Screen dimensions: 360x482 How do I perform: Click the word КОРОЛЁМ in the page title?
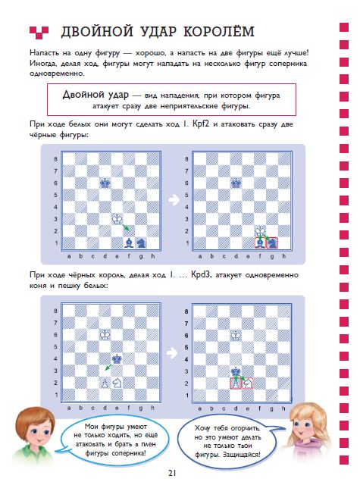pyautogui.click(x=219, y=32)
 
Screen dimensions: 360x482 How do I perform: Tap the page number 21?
pyautogui.click(x=172, y=473)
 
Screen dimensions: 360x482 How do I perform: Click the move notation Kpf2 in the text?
pyautogui.click(x=201, y=124)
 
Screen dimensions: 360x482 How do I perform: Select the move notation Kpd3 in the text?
pyautogui.click(x=201, y=274)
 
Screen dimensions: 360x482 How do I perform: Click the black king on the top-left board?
pyautogui.click(x=105, y=183)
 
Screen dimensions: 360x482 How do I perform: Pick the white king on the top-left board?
pyautogui.click(x=117, y=219)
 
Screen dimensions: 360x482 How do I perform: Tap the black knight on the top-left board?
pyautogui.click(x=141, y=243)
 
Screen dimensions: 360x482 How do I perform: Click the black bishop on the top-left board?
pyautogui.click(x=129, y=243)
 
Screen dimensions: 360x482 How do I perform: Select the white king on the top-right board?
pyautogui.click(x=260, y=230)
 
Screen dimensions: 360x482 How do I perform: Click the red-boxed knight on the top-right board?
pyautogui.click(x=272, y=243)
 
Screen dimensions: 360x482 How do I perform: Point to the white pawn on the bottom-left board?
pyautogui.click(x=105, y=383)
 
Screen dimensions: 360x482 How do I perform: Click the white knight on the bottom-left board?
pyautogui.click(x=117, y=383)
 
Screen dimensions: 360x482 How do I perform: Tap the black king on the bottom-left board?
pyautogui.click(x=117, y=358)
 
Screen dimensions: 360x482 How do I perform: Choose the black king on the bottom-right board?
pyautogui.click(x=236, y=371)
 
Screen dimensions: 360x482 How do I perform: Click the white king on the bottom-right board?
pyautogui.click(x=236, y=335)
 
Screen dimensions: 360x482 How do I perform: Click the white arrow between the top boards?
pyautogui.click(x=174, y=200)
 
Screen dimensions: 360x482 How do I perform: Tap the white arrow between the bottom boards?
pyautogui.click(x=172, y=353)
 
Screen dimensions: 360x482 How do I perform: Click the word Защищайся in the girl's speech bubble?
pyautogui.click(x=241, y=454)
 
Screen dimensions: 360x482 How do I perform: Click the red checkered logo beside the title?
pyautogui.click(x=39, y=33)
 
